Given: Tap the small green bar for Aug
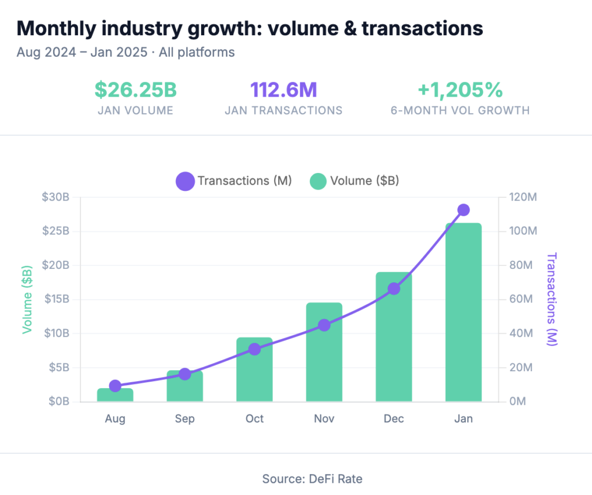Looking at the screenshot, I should click(x=115, y=396).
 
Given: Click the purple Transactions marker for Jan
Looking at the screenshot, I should click(x=463, y=210).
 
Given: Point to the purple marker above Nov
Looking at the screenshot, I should click(x=324, y=325).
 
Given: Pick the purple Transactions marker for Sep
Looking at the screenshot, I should click(x=185, y=374).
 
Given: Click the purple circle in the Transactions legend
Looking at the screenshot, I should click(x=186, y=181).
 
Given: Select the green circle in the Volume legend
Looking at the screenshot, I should click(x=319, y=181).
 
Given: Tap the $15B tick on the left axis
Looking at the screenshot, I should click(x=55, y=299).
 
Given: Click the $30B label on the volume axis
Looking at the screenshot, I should click(x=55, y=197).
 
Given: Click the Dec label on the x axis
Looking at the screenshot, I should click(x=394, y=419).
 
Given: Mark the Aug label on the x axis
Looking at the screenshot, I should click(x=115, y=419).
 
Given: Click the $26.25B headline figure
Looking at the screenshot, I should click(x=135, y=90).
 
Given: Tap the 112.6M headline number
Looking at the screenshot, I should click(x=283, y=90).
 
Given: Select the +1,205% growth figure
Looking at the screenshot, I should click(x=460, y=90).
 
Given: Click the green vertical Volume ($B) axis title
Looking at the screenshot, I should click(x=27, y=299).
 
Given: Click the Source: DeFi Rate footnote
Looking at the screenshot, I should click(x=312, y=479).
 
